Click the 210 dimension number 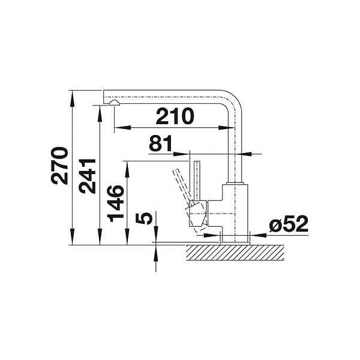pos(175,116)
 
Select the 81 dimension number pos(160,143)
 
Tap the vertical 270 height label pos(59,166)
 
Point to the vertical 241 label pos(87,176)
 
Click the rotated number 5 pos(144,218)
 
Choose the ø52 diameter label pos(289,224)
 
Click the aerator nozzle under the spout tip pos(114,103)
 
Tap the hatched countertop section pos(235,253)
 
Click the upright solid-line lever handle pos(197,181)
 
